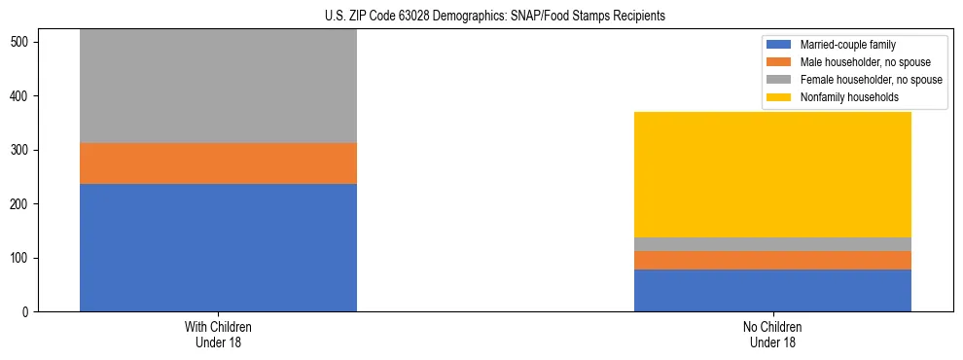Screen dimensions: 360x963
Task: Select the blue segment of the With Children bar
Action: tap(218, 247)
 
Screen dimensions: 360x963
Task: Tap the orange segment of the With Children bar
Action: tap(218, 163)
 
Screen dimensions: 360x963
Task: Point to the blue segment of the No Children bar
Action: tap(772, 290)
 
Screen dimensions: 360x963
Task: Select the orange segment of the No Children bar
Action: tap(772, 260)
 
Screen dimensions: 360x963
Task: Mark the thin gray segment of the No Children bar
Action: tap(772, 244)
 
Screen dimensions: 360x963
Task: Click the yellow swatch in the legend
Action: tap(779, 97)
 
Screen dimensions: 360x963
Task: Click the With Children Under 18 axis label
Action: tap(218, 335)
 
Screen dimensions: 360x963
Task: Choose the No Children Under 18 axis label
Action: tap(772, 335)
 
